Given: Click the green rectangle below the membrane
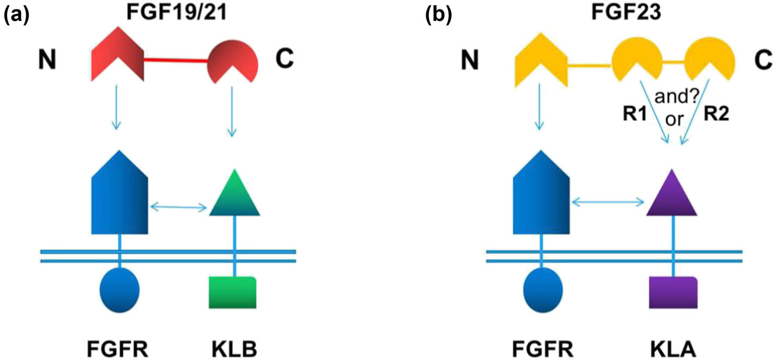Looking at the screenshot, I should tap(233, 292).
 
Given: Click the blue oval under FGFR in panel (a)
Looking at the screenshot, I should tap(120, 289).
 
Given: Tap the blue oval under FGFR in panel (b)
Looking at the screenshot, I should tap(543, 289).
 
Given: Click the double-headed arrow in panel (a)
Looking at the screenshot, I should tap(179, 208).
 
